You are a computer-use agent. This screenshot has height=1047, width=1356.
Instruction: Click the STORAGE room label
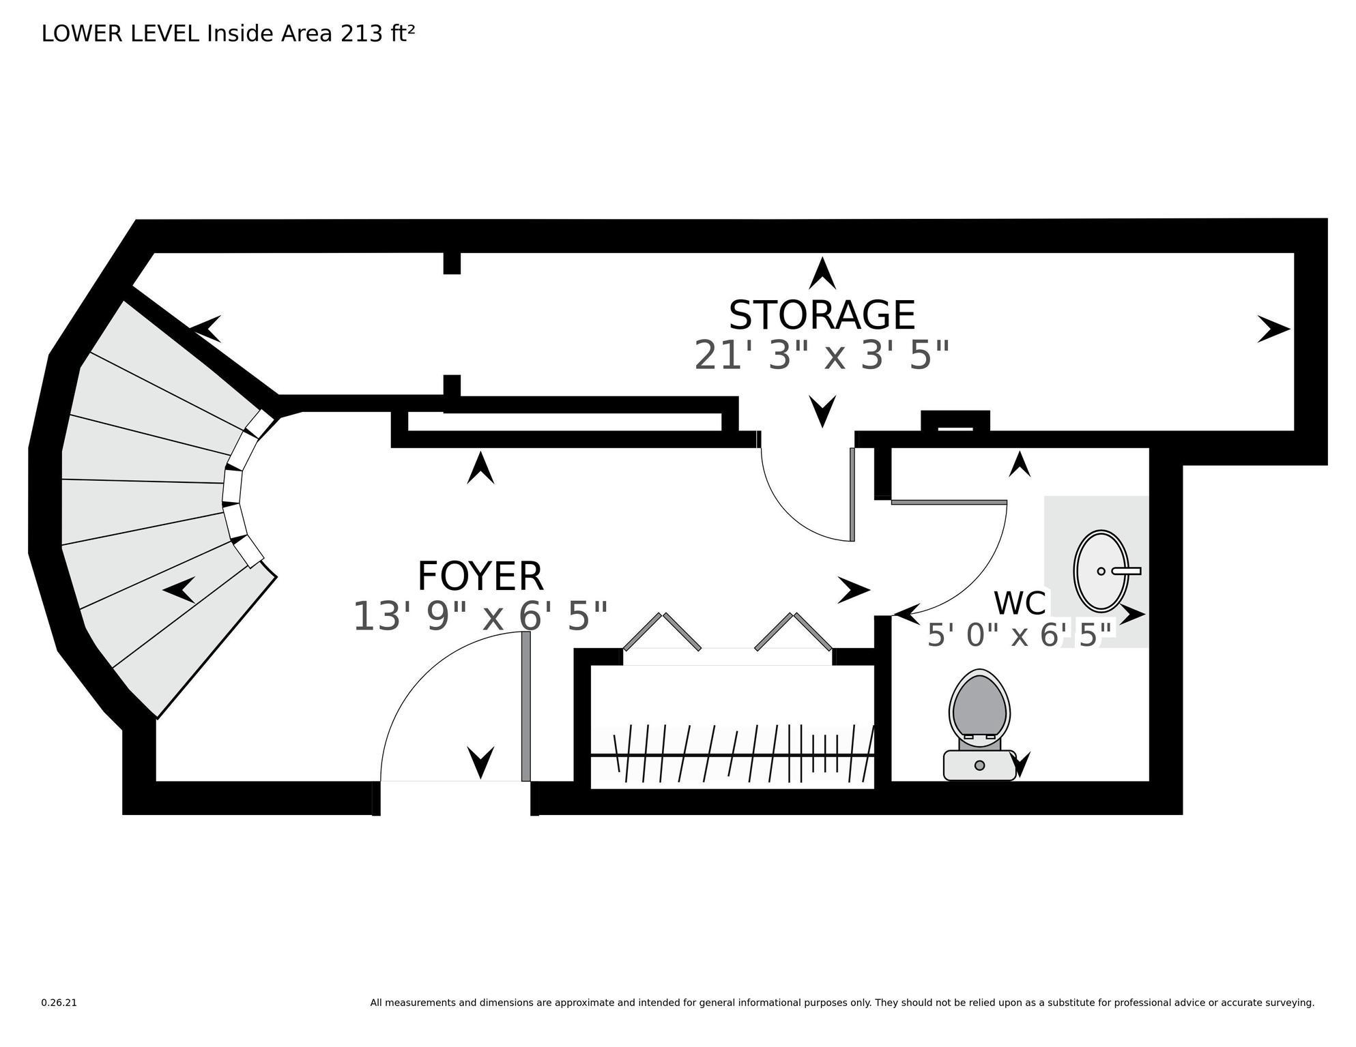822,316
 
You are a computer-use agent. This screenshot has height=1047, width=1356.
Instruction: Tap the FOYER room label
480,577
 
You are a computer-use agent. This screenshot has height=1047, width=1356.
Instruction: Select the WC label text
1020,604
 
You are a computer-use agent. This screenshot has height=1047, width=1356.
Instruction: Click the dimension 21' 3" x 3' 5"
822,356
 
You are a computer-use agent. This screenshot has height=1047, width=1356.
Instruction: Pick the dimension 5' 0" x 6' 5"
1020,636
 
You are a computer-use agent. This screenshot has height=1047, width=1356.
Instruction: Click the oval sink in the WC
1100,571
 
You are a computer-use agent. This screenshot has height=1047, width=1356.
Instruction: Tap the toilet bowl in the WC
979,705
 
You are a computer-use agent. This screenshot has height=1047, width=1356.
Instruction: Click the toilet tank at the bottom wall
979,765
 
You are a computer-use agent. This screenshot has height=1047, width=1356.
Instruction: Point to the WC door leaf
949,503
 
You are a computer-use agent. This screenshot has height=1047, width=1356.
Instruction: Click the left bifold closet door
662,632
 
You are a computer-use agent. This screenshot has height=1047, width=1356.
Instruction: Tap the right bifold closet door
793,632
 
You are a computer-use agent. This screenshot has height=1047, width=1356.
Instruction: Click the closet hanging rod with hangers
732,755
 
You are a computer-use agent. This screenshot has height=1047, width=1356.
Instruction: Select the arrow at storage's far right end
1273,329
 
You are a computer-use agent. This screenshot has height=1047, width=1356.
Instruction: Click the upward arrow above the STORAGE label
822,274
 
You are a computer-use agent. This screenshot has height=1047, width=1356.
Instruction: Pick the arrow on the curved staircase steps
179,590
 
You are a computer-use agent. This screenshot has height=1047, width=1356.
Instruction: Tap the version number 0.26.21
59,1003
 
